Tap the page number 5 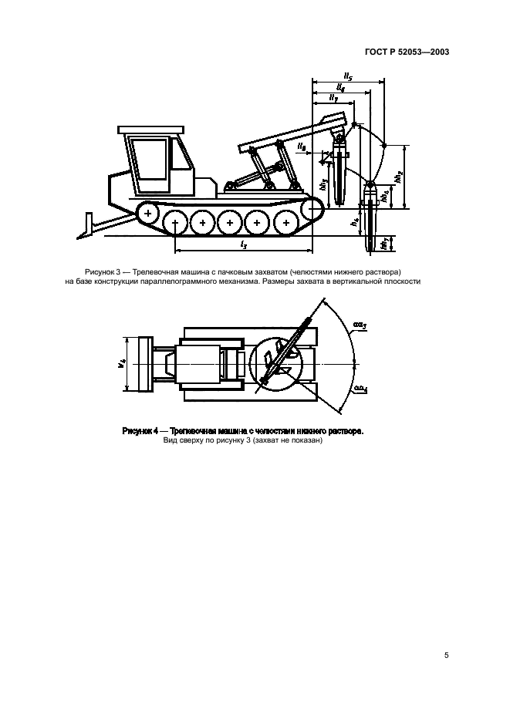pyautogui.click(x=447, y=655)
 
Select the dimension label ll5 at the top pyautogui.click(x=348, y=76)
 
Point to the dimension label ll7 pyautogui.click(x=333, y=98)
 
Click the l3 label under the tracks pyautogui.click(x=244, y=244)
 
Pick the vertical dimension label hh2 pyautogui.click(x=399, y=176)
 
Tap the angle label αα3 pyautogui.click(x=359, y=325)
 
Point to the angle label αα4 pyautogui.click(x=359, y=391)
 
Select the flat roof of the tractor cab pyautogui.click(x=151, y=130)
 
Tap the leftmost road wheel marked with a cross pyautogui.click(x=147, y=211)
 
